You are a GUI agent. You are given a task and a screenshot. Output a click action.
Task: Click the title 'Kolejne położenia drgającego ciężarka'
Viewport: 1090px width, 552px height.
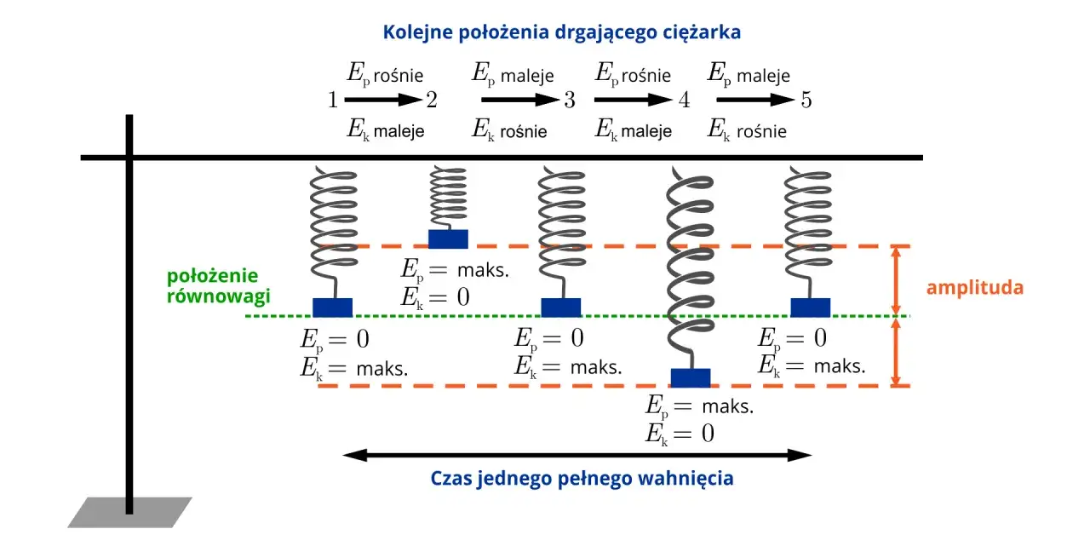click(x=562, y=32)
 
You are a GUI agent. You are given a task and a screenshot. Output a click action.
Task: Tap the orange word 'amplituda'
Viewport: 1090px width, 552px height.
click(x=974, y=287)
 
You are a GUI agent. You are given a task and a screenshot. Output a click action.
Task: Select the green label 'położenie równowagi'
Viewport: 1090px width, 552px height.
click(x=219, y=286)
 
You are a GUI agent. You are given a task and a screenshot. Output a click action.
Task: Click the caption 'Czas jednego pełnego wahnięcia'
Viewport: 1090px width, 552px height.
click(x=582, y=478)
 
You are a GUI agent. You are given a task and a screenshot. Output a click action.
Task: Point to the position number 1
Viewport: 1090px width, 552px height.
click(x=332, y=101)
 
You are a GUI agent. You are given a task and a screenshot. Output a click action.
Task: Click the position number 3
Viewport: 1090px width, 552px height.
click(x=569, y=101)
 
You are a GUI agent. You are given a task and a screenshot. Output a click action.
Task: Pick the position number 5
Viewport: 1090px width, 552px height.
click(x=806, y=101)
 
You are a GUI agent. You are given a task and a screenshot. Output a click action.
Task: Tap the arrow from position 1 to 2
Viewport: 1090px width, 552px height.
click(x=382, y=101)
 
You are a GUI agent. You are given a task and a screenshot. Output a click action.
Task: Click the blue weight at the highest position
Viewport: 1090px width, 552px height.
click(x=448, y=239)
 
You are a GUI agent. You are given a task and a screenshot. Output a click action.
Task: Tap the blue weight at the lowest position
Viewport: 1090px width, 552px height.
click(x=690, y=377)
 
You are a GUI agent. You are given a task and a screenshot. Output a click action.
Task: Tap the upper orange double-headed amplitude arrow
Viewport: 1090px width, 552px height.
click(x=895, y=281)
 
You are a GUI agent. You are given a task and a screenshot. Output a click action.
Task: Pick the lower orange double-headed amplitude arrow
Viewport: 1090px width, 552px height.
click(x=895, y=352)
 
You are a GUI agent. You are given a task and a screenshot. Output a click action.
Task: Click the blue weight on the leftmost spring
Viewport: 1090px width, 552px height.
click(x=332, y=307)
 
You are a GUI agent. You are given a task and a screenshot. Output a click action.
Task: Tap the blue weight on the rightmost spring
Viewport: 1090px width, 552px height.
click(x=810, y=307)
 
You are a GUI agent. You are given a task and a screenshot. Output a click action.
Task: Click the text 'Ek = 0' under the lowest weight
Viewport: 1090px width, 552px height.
click(x=680, y=433)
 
